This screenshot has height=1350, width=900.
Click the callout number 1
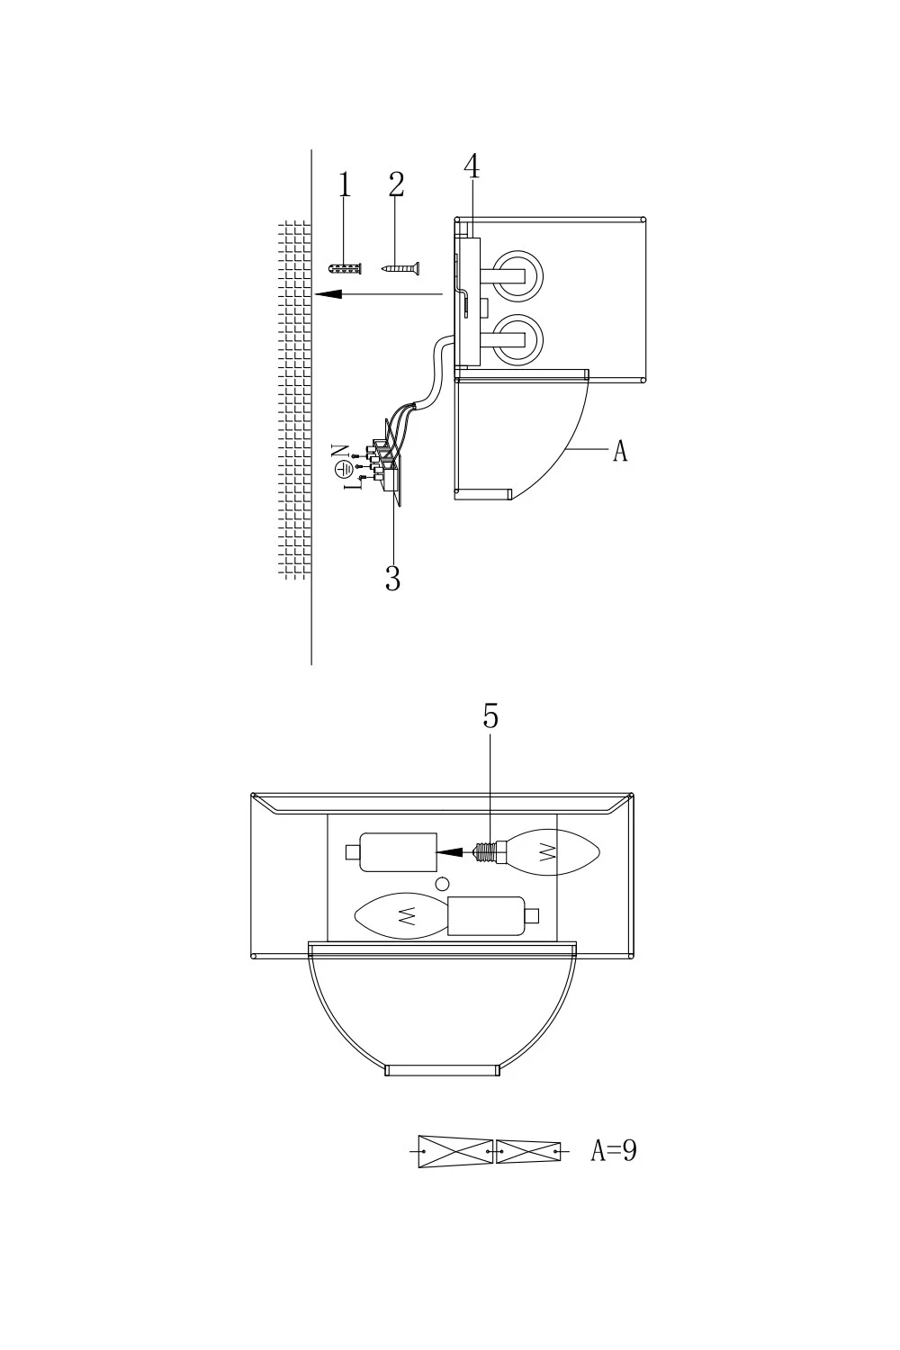pos(344,184)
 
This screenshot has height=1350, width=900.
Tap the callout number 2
pos(396,184)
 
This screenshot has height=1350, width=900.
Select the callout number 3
pos(393,579)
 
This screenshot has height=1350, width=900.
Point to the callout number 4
pos(472,166)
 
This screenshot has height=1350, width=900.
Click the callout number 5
pos(490,716)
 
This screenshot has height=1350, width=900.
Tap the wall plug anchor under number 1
pos(346,268)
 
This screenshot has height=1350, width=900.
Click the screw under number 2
pos(400,268)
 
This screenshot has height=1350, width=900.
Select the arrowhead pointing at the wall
pos(328,294)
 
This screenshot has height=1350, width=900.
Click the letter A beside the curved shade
pos(620,451)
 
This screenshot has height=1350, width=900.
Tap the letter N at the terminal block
pos(339,450)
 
